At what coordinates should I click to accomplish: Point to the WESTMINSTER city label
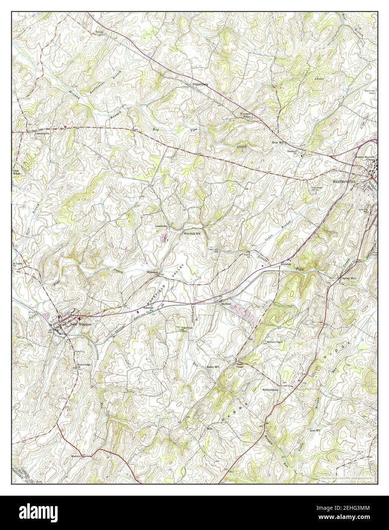pyautogui.click(x=344, y=182)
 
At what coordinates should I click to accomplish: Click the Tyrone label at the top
pyautogui.click(x=100, y=32)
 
